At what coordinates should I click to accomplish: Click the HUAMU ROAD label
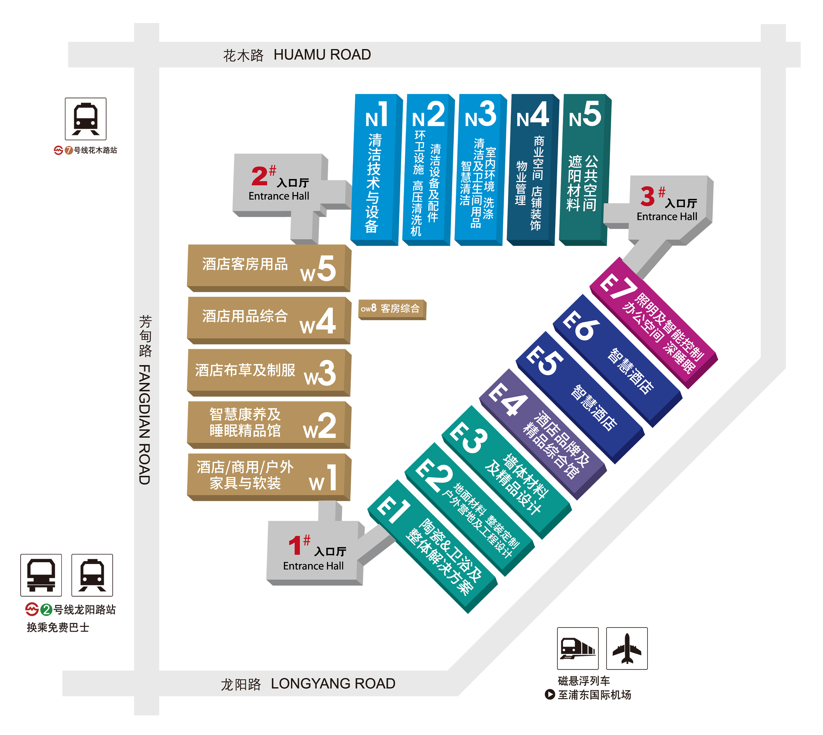pyautogui.click(x=322, y=55)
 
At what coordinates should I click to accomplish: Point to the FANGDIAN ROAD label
pyautogui.click(x=144, y=424)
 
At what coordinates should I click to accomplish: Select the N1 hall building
pyautogui.click(x=376, y=170)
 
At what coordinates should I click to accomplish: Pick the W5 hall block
pyautogui.click(x=269, y=268)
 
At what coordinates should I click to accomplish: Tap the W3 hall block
pyautogui.click(x=269, y=372)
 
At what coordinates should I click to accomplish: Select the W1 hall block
pyautogui.click(x=269, y=477)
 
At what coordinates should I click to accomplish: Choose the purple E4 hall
pyautogui.click(x=543, y=434)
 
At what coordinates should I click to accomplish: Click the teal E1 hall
pyautogui.click(x=432, y=546)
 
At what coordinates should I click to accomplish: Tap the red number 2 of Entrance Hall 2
pyautogui.click(x=259, y=176)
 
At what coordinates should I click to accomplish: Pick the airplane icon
pyautogui.click(x=627, y=648)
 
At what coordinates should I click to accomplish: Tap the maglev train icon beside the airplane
pyautogui.click(x=577, y=648)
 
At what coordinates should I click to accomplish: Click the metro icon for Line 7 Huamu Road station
pyautogui.click(x=86, y=119)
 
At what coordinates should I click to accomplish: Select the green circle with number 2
pyautogui.click(x=46, y=609)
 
